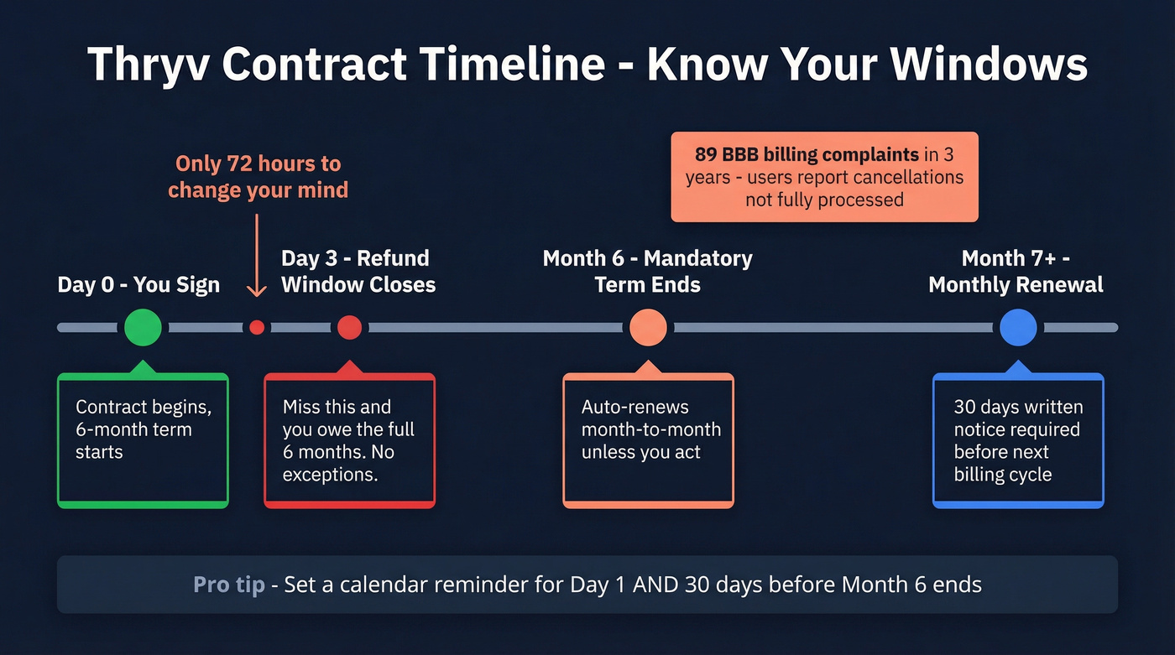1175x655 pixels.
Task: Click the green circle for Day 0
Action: (143, 327)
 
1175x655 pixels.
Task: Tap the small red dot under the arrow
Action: (257, 328)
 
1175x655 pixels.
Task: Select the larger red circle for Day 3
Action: (349, 328)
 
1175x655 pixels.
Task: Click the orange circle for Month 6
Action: (648, 328)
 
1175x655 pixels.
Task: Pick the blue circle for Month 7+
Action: (1018, 328)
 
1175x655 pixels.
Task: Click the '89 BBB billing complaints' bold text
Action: (806, 154)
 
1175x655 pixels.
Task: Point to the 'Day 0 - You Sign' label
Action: (138, 284)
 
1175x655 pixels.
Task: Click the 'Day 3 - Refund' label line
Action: (355, 258)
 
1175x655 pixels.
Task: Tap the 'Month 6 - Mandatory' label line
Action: (647, 258)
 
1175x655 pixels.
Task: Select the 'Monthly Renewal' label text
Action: (1016, 284)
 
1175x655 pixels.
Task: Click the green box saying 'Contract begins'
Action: (143, 440)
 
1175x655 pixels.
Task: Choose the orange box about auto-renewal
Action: (648, 440)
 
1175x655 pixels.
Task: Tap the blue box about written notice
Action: (1018, 440)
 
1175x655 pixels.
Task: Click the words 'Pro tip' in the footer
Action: (228, 585)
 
